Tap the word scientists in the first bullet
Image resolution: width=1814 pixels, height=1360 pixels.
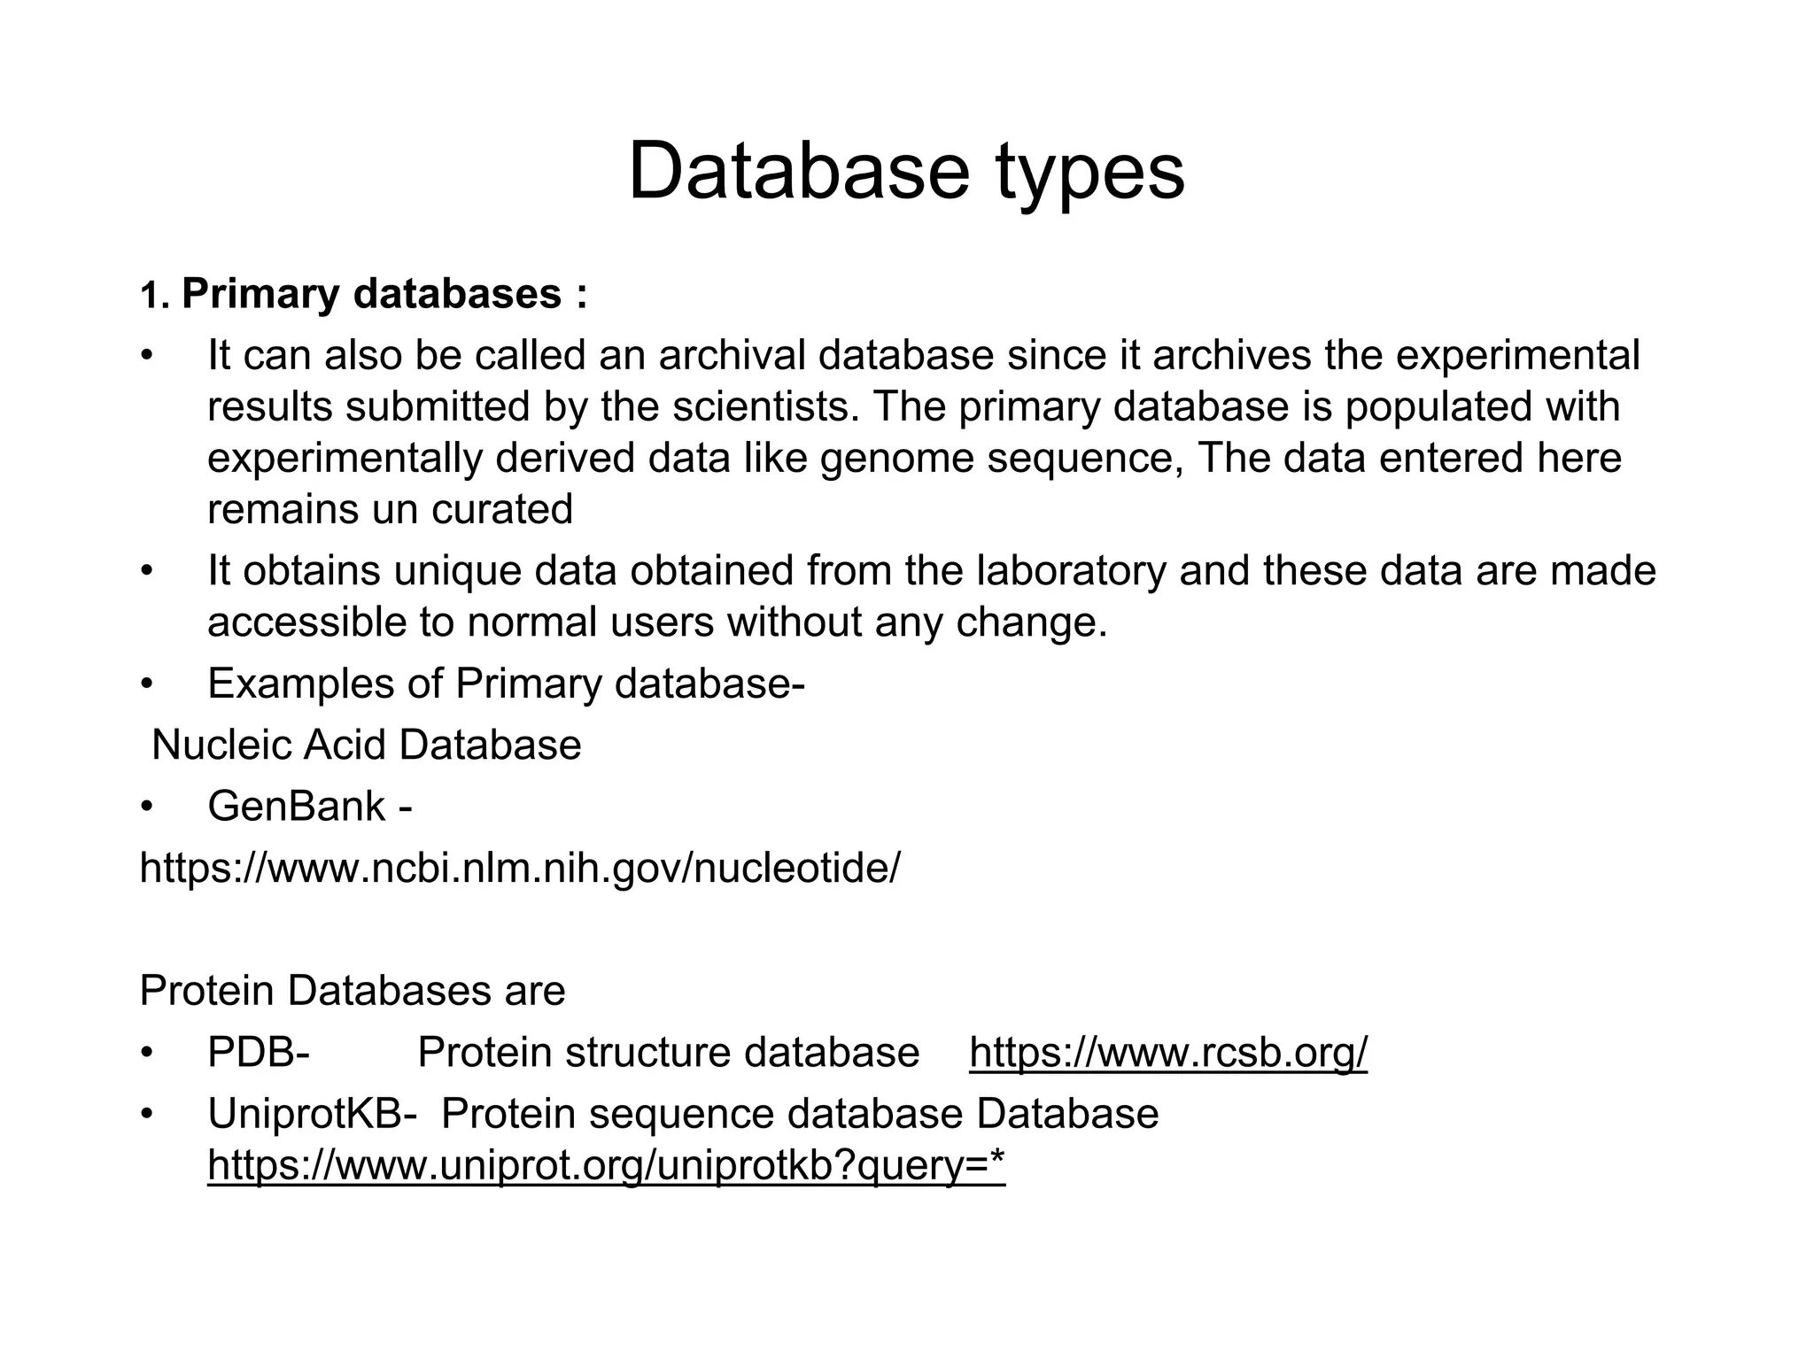click(764, 406)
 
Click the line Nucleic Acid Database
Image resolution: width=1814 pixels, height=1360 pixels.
click(367, 745)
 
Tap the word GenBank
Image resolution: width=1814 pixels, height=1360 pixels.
click(297, 807)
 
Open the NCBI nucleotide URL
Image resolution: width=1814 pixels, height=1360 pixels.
click(520, 868)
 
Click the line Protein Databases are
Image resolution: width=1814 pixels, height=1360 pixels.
click(353, 990)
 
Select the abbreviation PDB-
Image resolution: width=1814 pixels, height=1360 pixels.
click(258, 1052)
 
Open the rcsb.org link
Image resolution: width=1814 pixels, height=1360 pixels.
click(1168, 1052)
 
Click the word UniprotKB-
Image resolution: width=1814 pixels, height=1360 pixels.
click(312, 1113)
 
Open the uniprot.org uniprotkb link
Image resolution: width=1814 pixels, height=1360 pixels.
click(607, 1165)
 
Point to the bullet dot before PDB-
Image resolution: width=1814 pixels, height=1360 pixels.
click(147, 1053)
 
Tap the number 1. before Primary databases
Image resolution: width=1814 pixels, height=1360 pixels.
click(153, 297)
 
